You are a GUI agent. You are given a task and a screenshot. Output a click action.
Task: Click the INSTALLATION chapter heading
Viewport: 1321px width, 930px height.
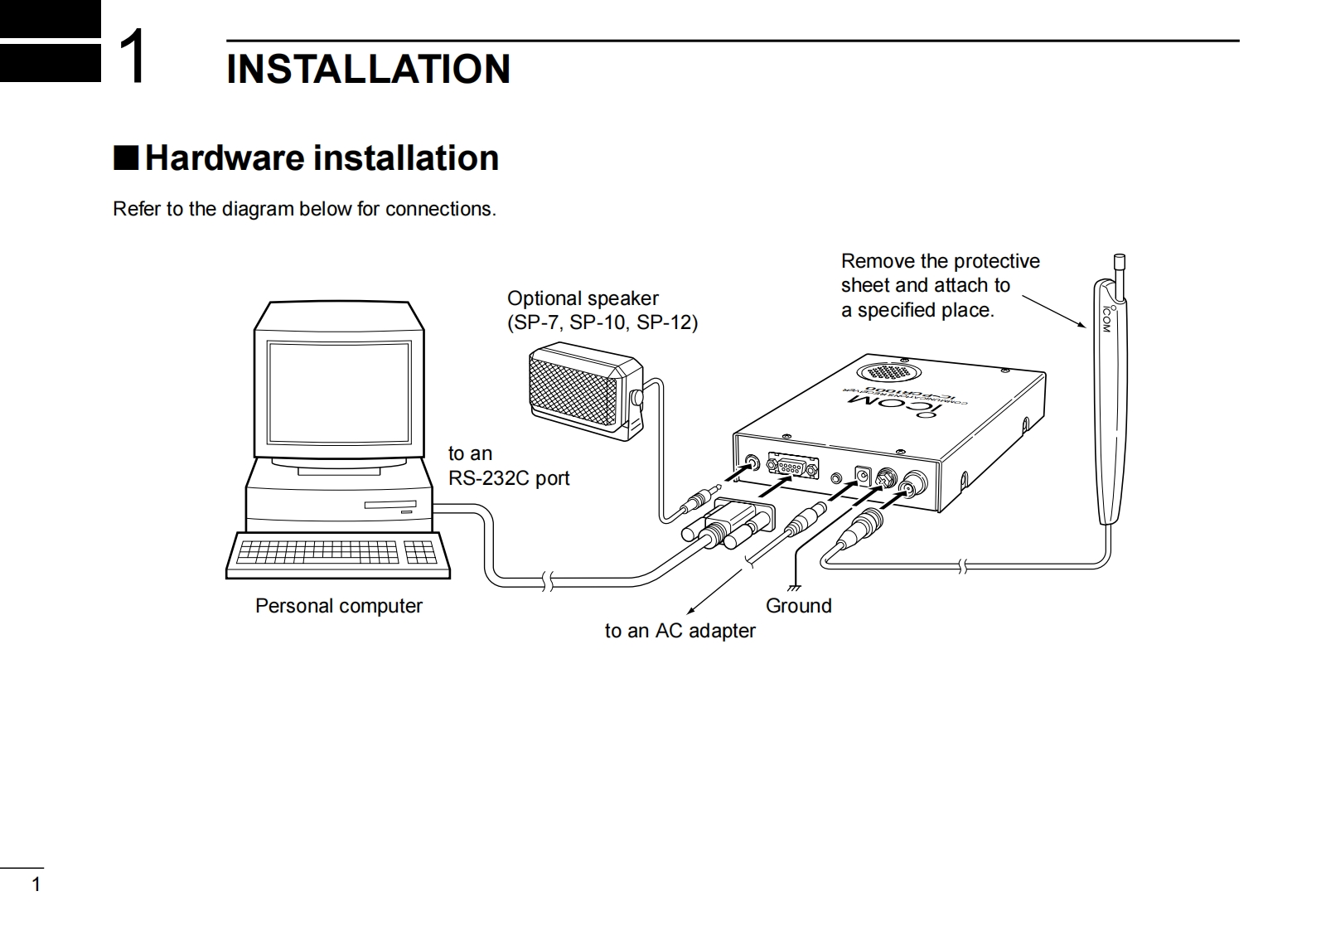click(x=368, y=69)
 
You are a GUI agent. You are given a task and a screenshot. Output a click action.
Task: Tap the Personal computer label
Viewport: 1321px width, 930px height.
click(x=338, y=606)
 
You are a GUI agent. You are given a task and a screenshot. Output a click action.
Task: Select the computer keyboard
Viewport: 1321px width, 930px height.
click(x=338, y=553)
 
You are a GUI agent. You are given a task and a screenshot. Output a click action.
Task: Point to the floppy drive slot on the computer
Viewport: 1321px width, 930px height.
click(x=390, y=505)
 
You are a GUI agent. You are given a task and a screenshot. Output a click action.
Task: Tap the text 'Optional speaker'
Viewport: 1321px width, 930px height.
click(x=583, y=298)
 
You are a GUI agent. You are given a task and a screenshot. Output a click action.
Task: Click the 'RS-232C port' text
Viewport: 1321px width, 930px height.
click(x=509, y=478)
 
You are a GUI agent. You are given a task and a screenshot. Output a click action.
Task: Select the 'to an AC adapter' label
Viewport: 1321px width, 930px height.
click(x=680, y=631)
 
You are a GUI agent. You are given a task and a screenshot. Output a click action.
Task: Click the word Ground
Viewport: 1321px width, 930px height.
click(x=798, y=606)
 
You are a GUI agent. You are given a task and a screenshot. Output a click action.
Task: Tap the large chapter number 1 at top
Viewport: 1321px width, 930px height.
click(x=133, y=56)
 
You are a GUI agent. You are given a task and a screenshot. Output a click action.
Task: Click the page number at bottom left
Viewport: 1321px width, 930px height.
click(x=36, y=884)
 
